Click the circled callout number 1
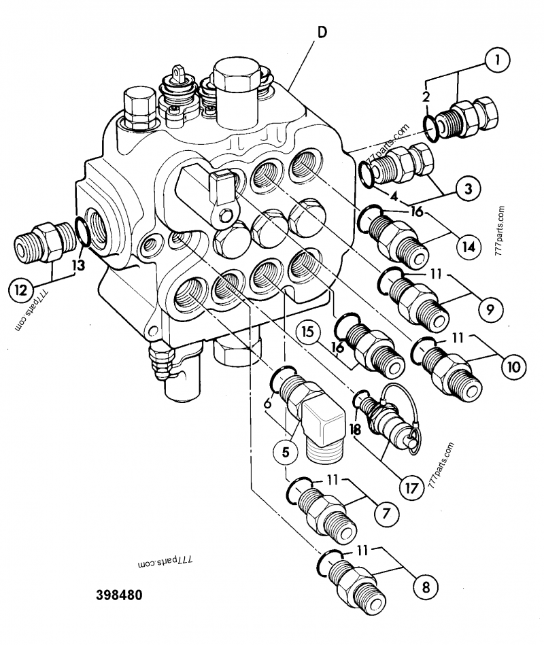498,62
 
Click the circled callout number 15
307,332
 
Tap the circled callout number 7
386,515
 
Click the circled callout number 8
425,585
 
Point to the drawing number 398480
119,596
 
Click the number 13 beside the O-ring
79,265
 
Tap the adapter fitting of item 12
42,241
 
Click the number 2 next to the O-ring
425,97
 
